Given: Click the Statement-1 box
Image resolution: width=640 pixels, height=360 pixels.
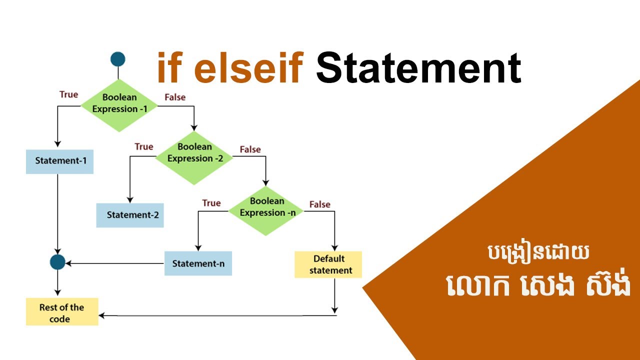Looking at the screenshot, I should pos(59,161).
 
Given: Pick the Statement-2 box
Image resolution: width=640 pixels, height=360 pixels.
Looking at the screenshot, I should pos(130,215).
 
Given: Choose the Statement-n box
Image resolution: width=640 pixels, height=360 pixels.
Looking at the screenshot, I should pos(198,263).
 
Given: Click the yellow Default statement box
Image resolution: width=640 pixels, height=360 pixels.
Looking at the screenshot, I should pos(328,265).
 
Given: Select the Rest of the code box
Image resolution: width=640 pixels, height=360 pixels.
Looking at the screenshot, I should pos(62,312).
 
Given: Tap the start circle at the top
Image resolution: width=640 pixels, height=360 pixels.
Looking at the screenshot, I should pos(117,59).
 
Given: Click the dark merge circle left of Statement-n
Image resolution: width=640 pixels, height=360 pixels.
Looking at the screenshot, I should pos(58,261).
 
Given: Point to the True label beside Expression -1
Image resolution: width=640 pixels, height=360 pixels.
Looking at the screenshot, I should pos(68,94).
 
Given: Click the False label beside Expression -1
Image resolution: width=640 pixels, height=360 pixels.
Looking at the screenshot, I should pos(175,97).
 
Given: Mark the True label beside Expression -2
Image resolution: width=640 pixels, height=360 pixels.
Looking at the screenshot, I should pos(144,146).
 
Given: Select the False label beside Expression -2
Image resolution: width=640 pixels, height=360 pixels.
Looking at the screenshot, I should pos(250,149).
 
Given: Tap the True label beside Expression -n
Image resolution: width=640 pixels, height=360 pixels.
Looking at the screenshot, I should pos(211,203).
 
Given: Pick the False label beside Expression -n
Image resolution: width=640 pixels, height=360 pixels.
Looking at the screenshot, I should pos(319,204).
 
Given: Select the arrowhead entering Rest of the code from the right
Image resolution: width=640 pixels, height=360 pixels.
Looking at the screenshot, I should pos(102,315).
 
